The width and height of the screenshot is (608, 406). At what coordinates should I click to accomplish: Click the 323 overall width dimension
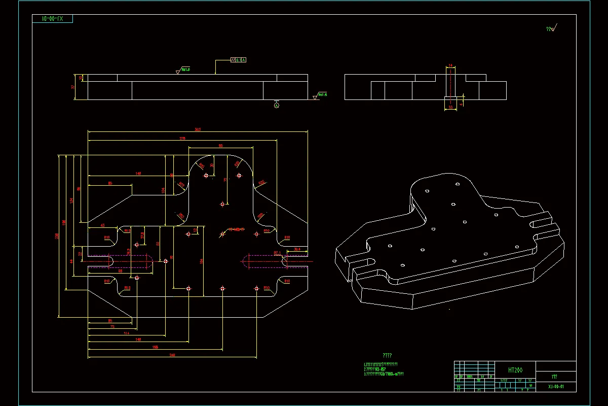click(x=198, y=130)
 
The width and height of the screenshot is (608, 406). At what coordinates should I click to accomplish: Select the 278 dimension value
click(x=182, y=138)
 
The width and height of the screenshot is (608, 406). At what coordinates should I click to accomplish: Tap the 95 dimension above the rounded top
click(x=220, y=146)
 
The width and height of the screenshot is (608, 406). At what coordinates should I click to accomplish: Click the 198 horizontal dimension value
click(x=155, y=347)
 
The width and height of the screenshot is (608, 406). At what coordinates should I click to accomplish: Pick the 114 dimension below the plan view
click(x=126, y=333)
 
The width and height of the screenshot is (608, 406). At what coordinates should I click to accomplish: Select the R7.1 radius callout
click(x=277, y=252)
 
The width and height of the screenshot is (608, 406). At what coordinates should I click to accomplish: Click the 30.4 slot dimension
click(x=297, y=249)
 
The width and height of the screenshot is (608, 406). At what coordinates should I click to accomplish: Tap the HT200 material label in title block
click(x=515, y=370)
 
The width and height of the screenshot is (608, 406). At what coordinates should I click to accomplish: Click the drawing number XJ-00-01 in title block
click(x=555, y=387)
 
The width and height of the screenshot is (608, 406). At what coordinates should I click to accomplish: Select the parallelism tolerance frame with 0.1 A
click(x=238, y=60)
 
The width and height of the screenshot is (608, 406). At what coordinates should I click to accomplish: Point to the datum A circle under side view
click(x=276, y=106)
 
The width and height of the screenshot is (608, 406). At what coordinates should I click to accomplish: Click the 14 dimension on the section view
click(x=450, y=66)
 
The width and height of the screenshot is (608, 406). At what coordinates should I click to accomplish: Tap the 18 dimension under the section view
click(x=450, y=108)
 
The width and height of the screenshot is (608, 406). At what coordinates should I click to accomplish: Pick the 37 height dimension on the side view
click(x=73, y=87)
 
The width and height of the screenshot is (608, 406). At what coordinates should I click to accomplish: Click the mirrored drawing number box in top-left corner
click(x=52, y=19)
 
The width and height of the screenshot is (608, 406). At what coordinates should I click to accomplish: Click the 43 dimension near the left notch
click(x=103, y=225)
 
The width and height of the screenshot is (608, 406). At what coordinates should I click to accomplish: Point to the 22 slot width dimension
click(x=80, y=254)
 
